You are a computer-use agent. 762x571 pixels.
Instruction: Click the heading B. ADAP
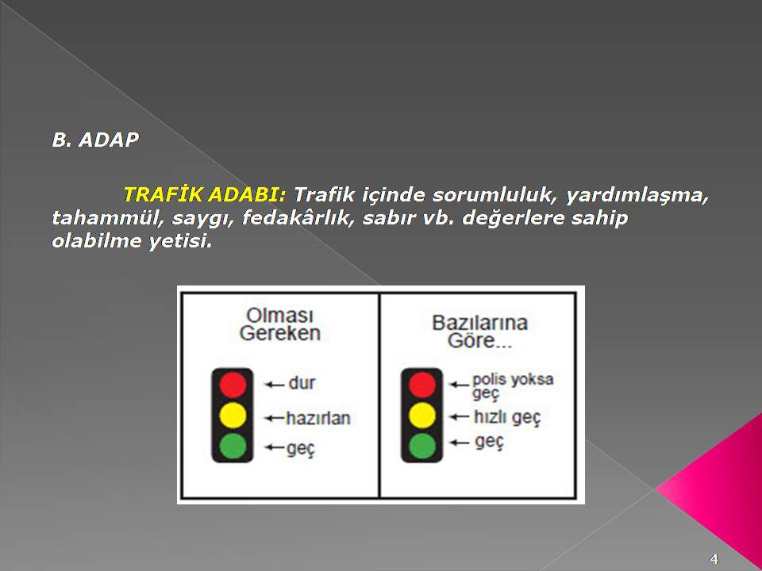coord(95,140)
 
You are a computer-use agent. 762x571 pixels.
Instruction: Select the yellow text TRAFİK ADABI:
coord(205,194)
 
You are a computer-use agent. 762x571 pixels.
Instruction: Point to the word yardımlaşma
coord(637,195)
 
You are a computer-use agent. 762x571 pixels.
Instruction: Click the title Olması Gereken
coord(280,324)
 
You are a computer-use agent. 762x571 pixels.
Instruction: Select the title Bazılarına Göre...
coord(479,332)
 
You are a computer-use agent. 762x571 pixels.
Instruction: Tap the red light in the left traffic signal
coord(233,384)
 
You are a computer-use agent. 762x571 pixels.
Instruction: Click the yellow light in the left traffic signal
coord(233,415)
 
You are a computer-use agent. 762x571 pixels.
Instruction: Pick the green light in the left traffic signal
coord(233,446)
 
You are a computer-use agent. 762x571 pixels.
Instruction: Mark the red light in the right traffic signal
coord(421,384)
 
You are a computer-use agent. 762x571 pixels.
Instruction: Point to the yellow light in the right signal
coord(421,415)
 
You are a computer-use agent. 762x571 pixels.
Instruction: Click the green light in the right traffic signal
coord(421,446)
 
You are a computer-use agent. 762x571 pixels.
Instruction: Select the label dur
coord(302,382)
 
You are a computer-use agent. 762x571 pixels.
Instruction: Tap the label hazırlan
coord(318,418)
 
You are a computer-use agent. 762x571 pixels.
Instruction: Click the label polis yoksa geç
coord(513,386)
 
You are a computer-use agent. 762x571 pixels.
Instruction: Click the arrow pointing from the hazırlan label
coord(275,418)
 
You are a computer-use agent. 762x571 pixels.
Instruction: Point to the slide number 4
coord(714,558)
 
